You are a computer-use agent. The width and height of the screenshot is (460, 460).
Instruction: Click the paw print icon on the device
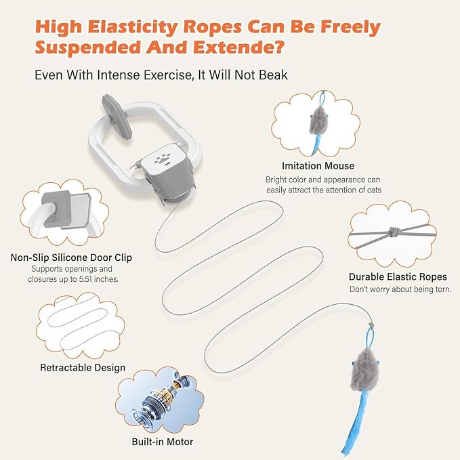[161, 159]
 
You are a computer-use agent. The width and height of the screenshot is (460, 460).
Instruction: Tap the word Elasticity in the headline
[133, 27]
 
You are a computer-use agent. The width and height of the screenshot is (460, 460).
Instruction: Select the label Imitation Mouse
[318, 166]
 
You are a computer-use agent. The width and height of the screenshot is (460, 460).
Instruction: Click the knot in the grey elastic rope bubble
[393, 232]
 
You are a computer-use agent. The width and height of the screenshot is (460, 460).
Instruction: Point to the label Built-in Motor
[163, 442]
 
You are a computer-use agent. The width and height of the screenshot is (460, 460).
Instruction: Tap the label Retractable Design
[83, 368]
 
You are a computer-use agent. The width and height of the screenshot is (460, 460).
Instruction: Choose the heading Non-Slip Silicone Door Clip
[71, 257]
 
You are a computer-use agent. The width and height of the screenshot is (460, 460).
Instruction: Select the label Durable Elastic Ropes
[398, 276]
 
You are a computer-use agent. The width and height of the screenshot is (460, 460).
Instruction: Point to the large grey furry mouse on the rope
[364, 371]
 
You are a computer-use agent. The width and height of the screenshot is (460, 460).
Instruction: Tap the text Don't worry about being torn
[400, 289]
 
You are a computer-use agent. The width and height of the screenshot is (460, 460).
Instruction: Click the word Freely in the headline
[350, 28]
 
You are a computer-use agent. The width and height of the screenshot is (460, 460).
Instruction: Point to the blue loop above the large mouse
[369, 339]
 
